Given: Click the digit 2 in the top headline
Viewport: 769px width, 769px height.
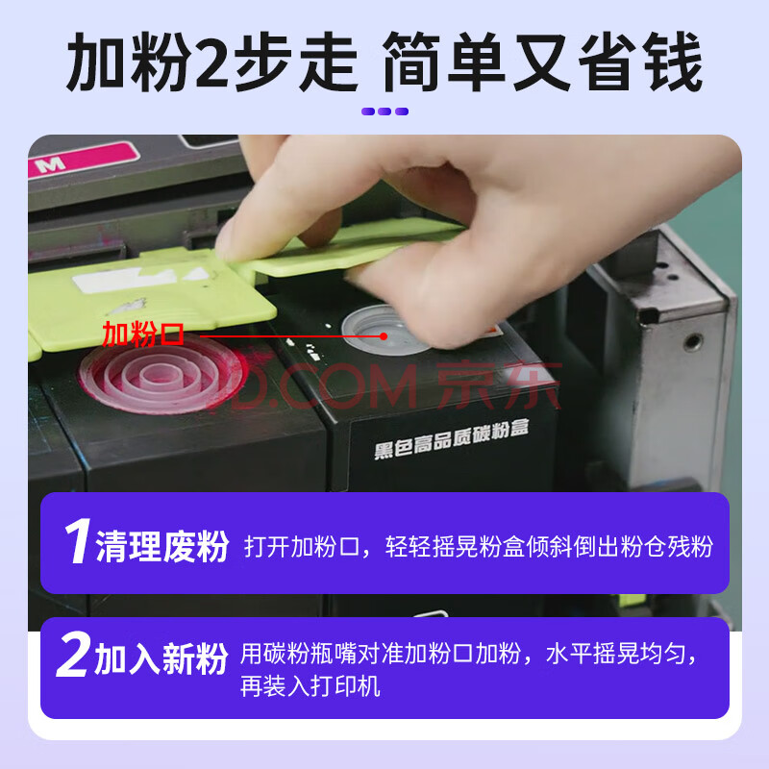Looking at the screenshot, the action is pos(211,62).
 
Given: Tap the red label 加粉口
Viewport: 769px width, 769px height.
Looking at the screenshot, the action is pos(143,335).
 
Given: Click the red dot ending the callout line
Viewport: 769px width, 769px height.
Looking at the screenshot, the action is pos(384,335).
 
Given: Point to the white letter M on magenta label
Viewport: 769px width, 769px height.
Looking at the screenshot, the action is pos(51,163).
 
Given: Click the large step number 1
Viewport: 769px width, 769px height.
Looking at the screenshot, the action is pos(79,541).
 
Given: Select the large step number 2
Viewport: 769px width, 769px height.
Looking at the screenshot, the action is pos(75,654).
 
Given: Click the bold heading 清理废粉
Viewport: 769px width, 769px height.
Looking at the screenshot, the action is pos(162,545).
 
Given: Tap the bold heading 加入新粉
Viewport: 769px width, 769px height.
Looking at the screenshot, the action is pos(161,658).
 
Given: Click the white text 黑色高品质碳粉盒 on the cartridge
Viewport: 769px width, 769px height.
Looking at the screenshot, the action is pos(451,439).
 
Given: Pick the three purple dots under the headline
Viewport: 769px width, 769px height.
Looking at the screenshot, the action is pos(385,112).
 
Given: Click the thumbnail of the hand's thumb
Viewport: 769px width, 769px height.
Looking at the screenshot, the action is pos(320,227).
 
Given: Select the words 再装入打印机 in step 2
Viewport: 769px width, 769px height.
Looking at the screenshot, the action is pos(310,685).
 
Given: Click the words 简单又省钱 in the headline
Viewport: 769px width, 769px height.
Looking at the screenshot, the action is pos(542,62).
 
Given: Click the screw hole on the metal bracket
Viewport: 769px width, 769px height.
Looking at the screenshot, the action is pos(693,340).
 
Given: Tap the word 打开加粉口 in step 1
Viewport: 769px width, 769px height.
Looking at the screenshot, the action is pos(302,546).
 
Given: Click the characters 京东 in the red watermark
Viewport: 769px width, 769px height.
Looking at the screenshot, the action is pos(499,385).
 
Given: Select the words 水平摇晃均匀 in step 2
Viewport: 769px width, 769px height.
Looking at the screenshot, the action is pos(615,654).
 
